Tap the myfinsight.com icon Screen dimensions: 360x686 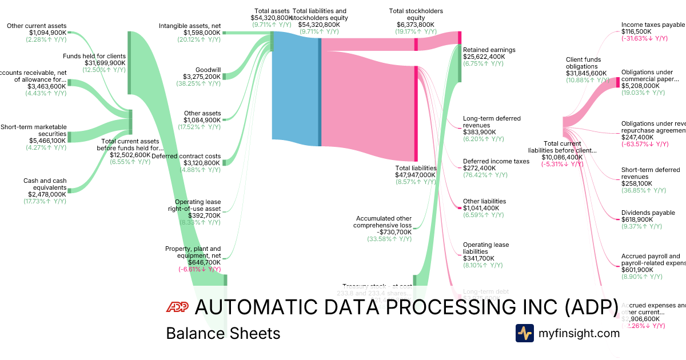[525, 333]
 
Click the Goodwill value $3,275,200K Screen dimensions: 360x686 [202, 77]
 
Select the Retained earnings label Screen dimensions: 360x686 [489, 50]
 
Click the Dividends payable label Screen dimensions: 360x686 [648, 213]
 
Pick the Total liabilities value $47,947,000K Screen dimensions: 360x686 [416, 175]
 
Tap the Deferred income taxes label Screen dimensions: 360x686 [496, 161]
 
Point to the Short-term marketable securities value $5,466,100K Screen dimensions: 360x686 [47, 141]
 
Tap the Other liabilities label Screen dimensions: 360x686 [484, 201]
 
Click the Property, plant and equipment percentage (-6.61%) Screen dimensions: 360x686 [199, 269]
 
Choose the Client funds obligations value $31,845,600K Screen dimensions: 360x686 [587, 73]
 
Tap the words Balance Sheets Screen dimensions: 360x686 [223, 333]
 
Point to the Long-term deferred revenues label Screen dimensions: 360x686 [492, 122]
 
